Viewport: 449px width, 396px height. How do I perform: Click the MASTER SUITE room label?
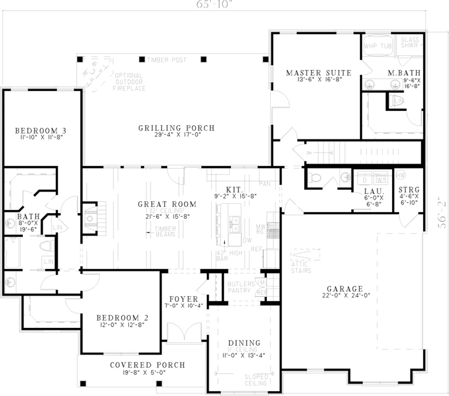(x=318, y=73)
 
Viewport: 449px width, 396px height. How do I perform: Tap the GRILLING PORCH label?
(x=176, y=128)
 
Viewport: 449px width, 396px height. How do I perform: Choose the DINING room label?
(x=244, y=343)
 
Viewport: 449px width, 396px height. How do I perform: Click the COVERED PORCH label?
(x=136, y=364)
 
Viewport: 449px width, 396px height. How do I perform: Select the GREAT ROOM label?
(x=167, y=204)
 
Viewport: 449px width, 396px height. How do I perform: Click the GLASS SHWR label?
(x=409, y=42)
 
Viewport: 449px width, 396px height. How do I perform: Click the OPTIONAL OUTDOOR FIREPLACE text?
(x=129, y=82)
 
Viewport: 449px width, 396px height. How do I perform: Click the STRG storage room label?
(x=408, y=189)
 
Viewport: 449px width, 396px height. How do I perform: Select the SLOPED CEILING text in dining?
(x=256, y=380)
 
